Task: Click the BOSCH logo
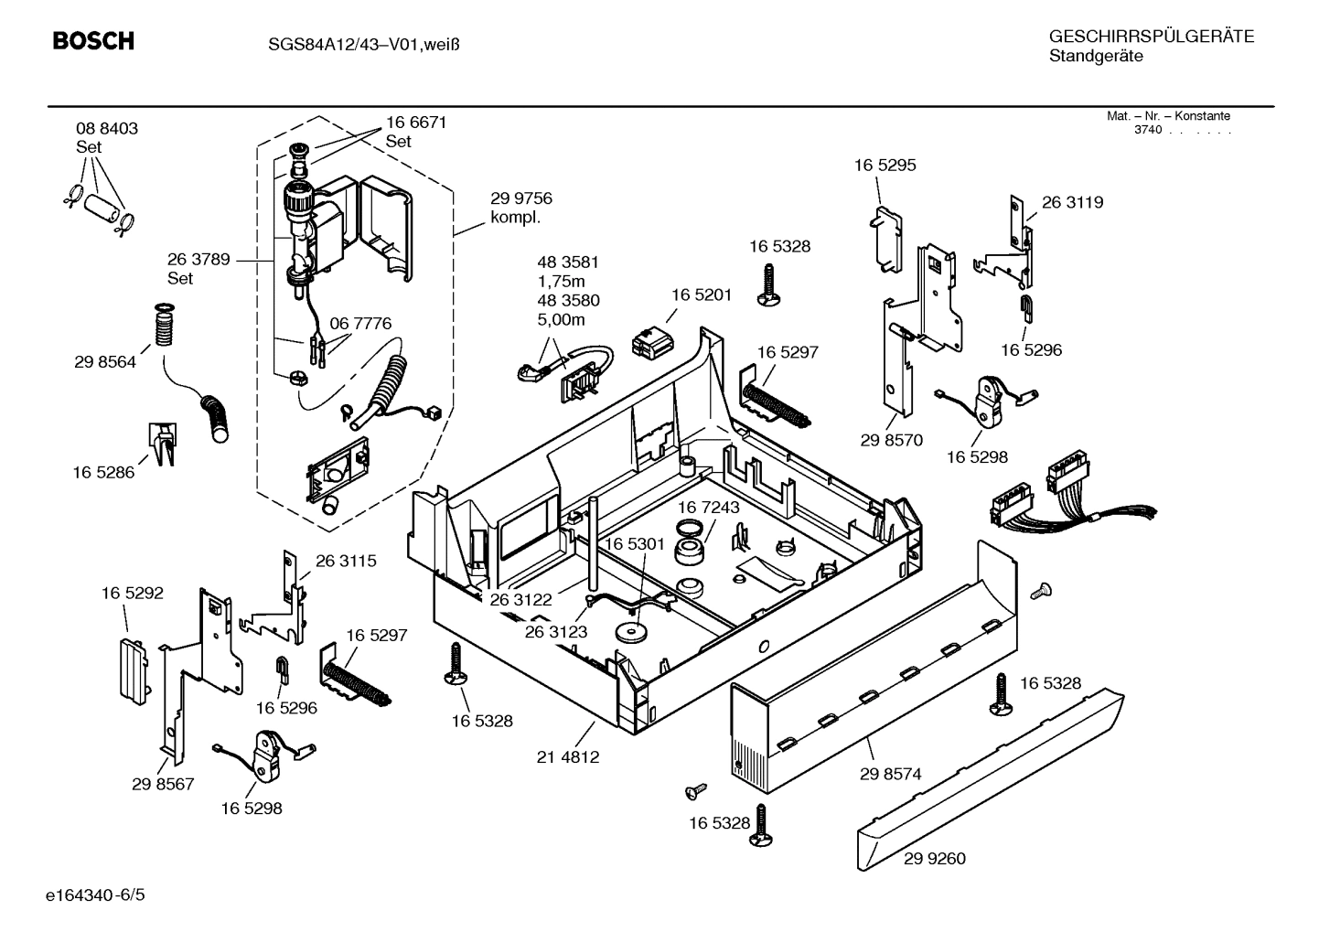[x=93, y=41]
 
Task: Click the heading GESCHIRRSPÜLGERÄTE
[x=1151, y=37]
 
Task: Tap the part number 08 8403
[x=107, y=129]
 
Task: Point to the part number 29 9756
[x=520, y=198]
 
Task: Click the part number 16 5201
[x=702, y=295]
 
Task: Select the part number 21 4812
[x=568, y=757]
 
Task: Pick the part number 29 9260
[x=934, y=859]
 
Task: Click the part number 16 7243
[x=708, y=507]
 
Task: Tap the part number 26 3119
[x=1072, y=202]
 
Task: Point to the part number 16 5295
[x=885, y=166]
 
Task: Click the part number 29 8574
[x=890, y=774]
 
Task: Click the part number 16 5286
[x=103, y=472]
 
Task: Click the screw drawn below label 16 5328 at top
[x=767, y=283]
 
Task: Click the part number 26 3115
[x=346, y=561]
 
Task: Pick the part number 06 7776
[x=360, y=323]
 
